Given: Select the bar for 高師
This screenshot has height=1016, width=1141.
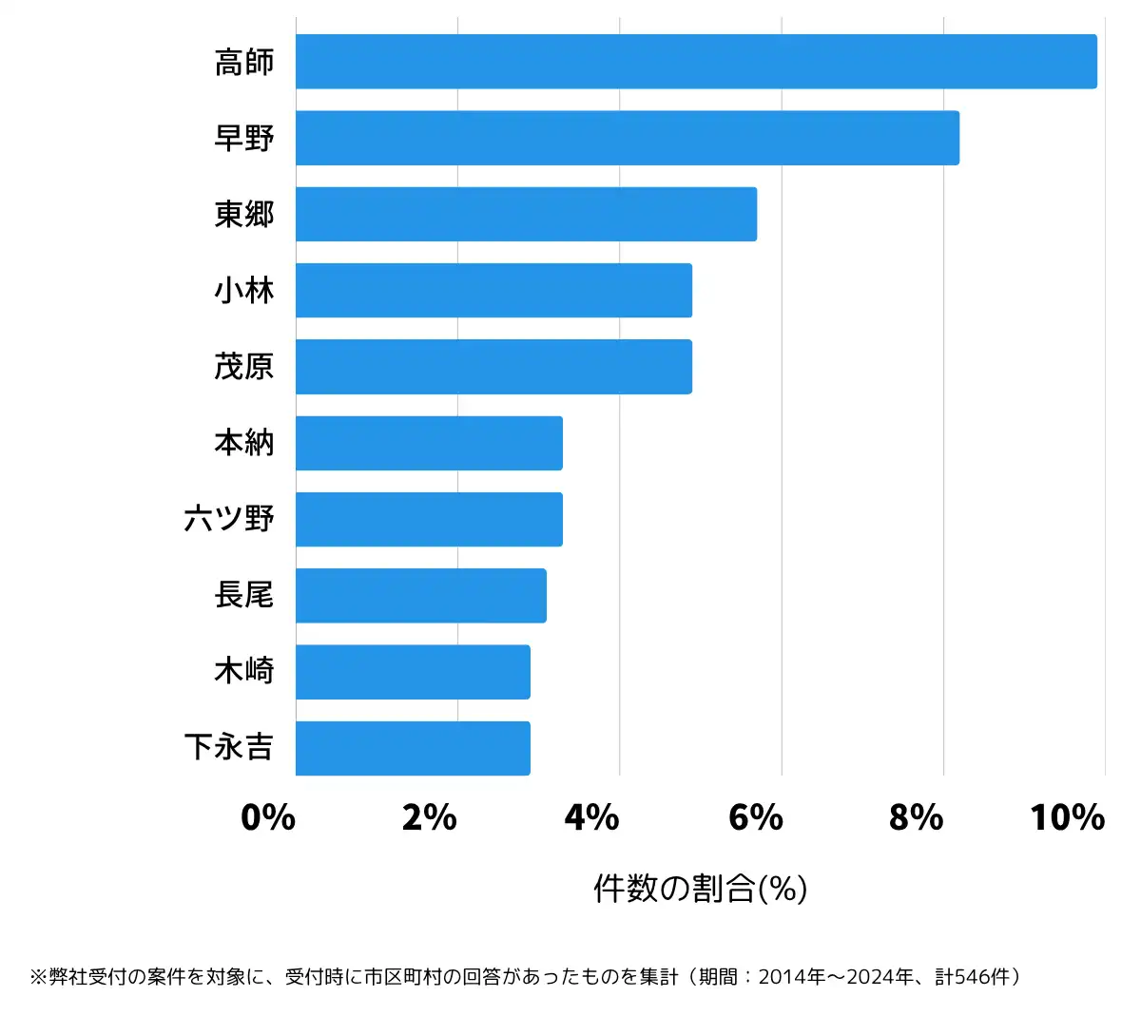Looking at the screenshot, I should tap(696, 62).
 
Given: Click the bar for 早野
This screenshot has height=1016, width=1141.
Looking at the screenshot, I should tap(628, 138).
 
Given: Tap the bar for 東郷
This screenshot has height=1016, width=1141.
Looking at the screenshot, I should tap(526, 214).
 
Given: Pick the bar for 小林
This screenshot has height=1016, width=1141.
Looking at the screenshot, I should tap(493, 290).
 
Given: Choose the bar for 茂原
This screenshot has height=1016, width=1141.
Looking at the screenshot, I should tap(493, 367).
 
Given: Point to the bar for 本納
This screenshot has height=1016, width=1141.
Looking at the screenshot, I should tap(429, 443).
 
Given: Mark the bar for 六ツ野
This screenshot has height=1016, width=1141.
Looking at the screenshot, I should tap(429, 519).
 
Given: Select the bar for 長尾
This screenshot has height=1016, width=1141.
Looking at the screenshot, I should tap(420, 596).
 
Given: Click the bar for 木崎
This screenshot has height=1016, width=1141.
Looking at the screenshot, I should tap(413, 672).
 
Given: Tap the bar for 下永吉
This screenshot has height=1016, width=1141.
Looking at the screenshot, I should tap(413, 748).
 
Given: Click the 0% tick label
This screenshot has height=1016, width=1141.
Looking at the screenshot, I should tap(268, 817).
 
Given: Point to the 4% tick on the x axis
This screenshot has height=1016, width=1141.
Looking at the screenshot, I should tap(591, 817).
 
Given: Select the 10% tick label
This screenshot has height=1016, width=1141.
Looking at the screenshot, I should tap(1067, 817).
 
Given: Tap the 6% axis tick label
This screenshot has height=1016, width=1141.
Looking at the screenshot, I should tap(755, 817).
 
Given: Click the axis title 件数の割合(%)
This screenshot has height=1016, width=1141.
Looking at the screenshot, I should tap(700, 889).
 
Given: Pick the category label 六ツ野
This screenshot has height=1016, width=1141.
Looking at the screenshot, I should tap(229, 519).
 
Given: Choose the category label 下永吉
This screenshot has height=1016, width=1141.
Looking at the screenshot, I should tap(229, 748).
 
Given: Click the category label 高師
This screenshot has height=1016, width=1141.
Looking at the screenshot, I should tap(244, 62).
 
